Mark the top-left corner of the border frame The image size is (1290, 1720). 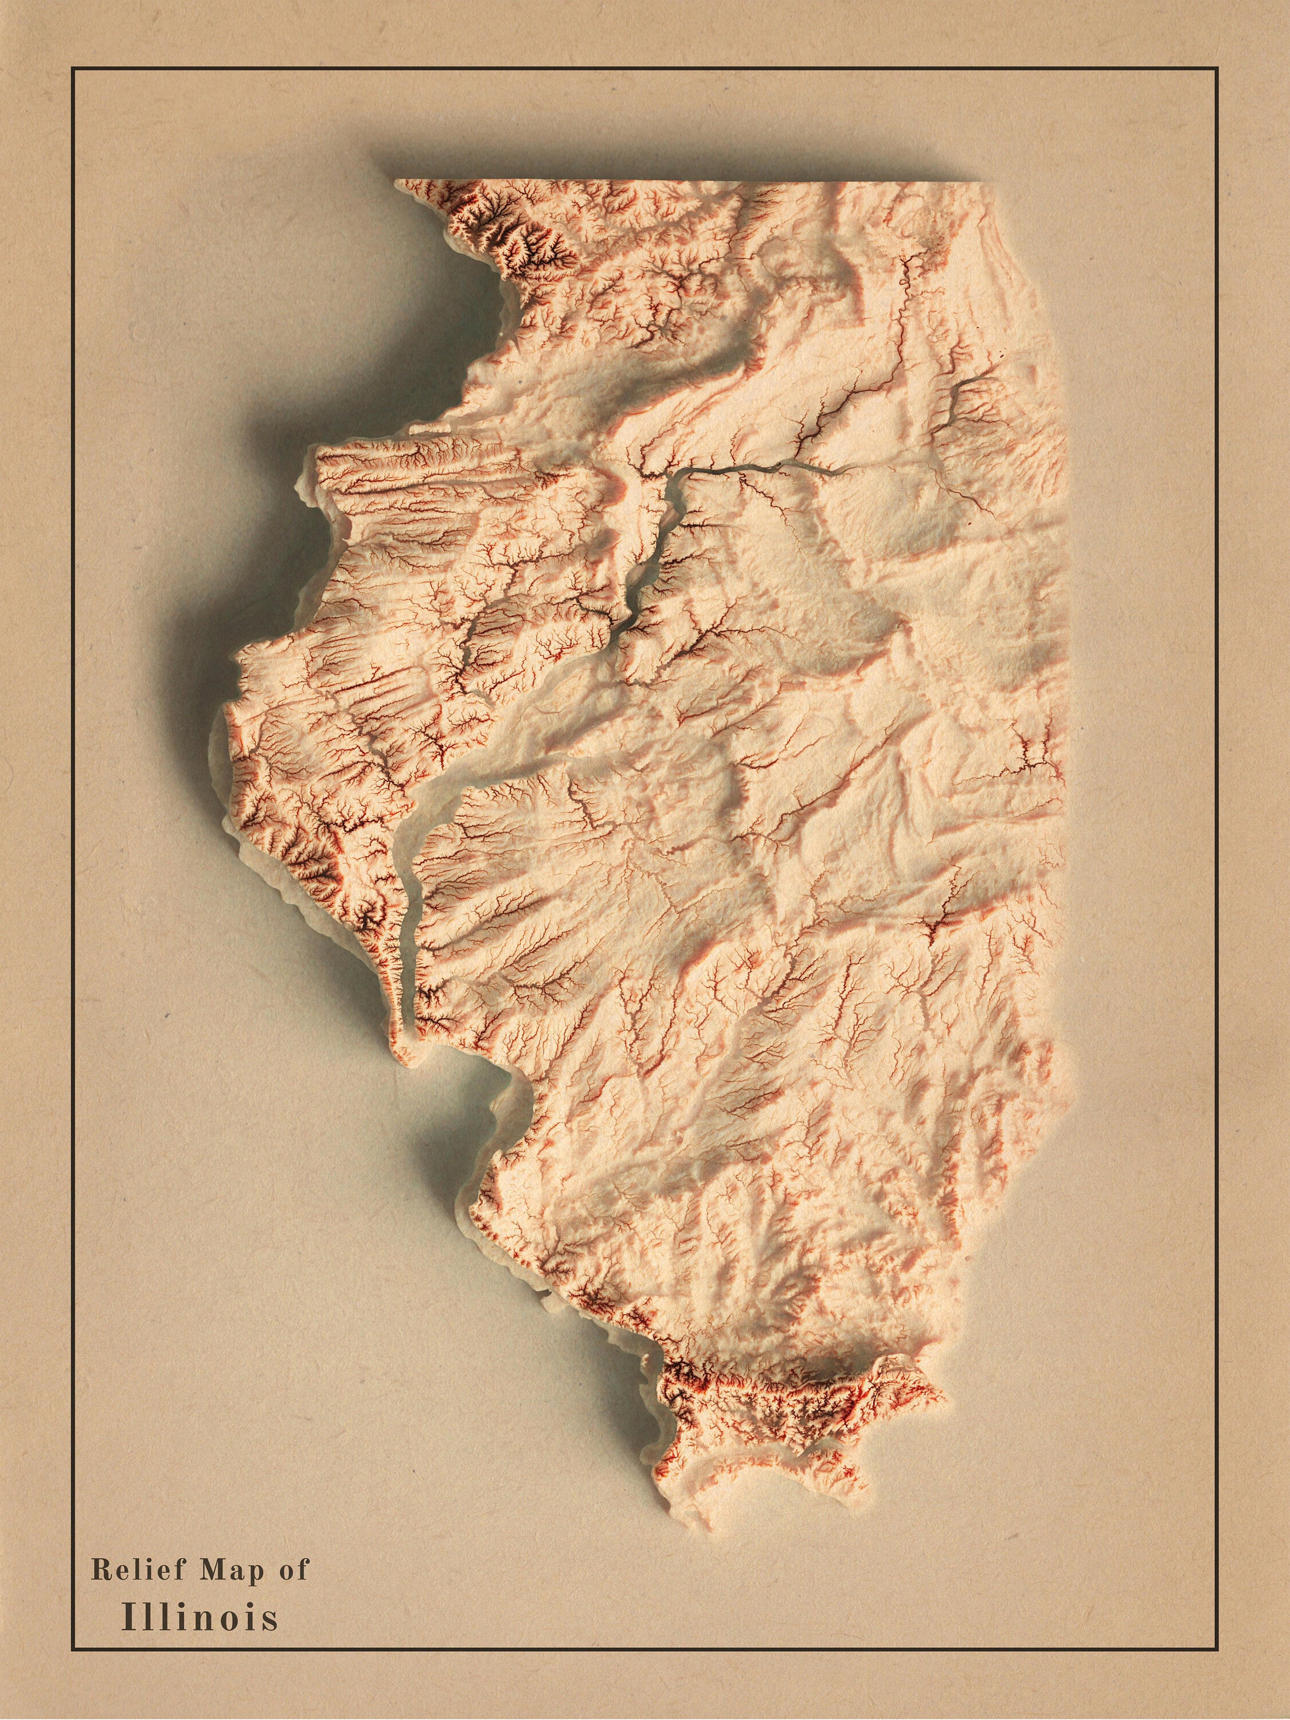point(72,68)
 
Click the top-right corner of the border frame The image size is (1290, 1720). point(1217,68)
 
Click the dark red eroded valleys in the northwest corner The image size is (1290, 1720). point(513,233)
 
